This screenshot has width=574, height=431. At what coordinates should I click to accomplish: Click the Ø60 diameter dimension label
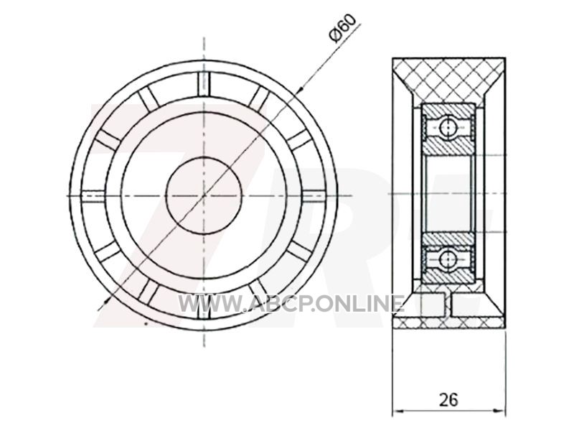point(343,28)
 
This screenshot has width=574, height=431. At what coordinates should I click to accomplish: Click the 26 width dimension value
point(448,399)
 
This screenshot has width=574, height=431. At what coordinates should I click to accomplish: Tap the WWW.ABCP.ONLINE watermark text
point(291,303)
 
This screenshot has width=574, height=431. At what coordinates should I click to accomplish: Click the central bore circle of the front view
point(204,195)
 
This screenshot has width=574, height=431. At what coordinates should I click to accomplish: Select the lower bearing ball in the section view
point(447,259)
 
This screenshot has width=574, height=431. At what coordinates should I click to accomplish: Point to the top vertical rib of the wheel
point(204,84)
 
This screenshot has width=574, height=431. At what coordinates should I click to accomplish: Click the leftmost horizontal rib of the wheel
point(93,195)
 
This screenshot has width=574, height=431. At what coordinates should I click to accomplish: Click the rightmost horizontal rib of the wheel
point(314,195)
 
